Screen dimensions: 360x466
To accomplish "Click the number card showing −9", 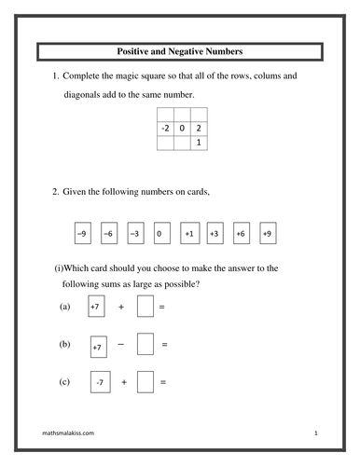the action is [x=82, y=232].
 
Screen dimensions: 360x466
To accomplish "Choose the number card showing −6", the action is [x=109, y=232].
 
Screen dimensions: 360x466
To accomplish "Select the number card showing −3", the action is [x=135, y=232].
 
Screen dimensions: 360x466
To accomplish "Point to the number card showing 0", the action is [x=161, y=232].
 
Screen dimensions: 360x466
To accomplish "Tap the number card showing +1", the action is [x=188, y=232].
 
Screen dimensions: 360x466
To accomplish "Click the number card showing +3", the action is [x=215, y=232].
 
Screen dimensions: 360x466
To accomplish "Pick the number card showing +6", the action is [x=241, y=232].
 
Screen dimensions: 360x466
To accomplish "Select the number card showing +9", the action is [x=268, y=232].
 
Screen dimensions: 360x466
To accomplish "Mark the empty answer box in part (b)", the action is [x=145, y=346].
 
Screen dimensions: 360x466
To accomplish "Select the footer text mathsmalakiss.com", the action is [x=68, y=434].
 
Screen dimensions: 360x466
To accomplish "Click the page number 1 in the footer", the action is [x=317, y=434].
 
